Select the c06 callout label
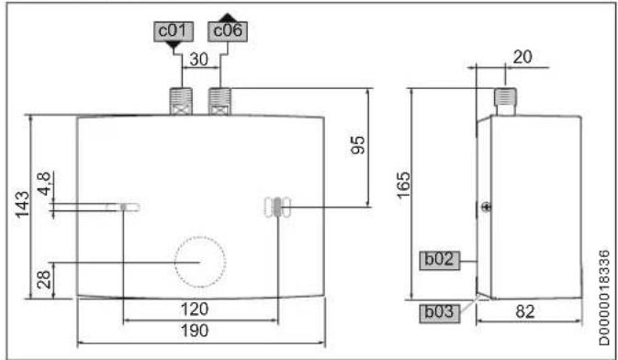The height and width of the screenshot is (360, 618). pos(229,30)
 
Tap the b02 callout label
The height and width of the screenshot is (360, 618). pos(440,260)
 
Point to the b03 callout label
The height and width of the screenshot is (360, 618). pos(440,312)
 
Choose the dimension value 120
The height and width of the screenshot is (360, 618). pos(200,308)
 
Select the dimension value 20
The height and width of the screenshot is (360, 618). pos(523,56)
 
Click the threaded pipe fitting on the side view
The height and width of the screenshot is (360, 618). pos(503,100)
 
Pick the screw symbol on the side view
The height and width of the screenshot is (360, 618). pos(485,208)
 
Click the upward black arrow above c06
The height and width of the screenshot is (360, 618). pos(229,16)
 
